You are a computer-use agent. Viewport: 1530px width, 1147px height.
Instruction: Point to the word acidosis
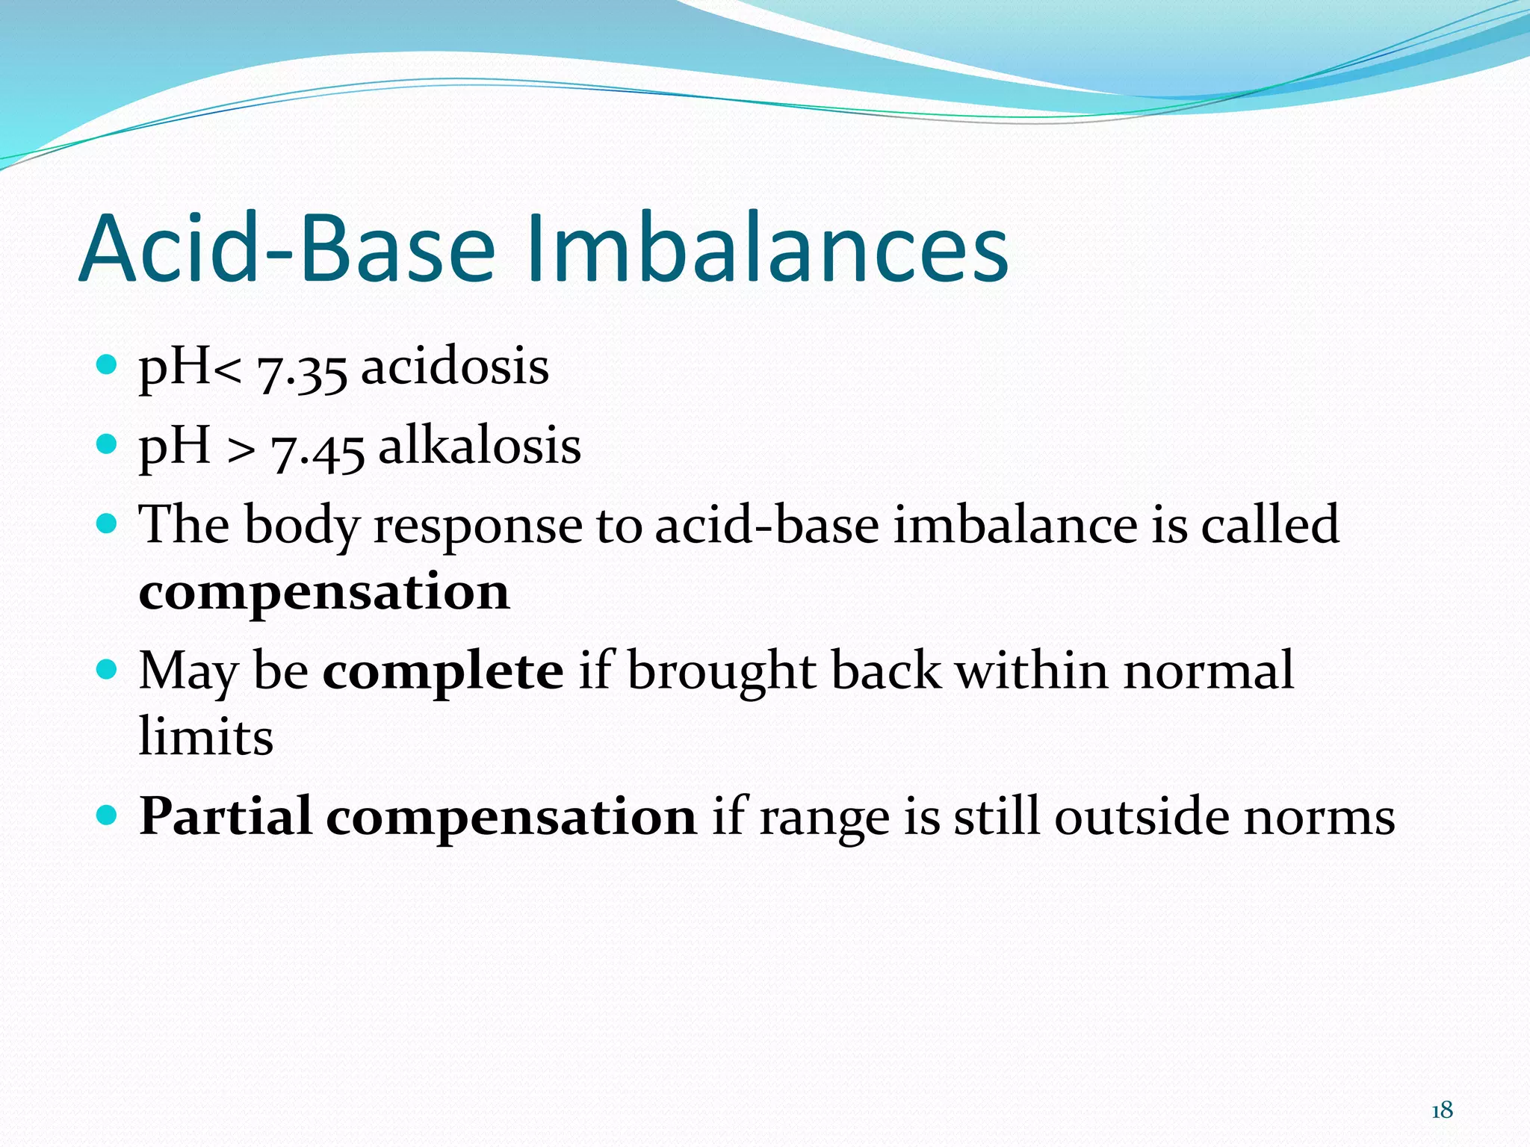pyautogui.click(x=455, y=367)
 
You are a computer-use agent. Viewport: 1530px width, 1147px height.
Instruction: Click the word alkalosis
pyautogui.click(x=480, y=446)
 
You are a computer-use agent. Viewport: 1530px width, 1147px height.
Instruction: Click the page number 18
pyautogui.click(x=1442, y=1110)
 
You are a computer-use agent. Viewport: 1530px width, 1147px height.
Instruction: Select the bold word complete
pyautogui.click(x=443, y=671)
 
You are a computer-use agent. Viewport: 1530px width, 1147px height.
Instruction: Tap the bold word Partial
pyautogui.click(x=225, y=816)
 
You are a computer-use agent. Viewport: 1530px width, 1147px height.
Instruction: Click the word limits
pyautogui.click(x=206, y=737)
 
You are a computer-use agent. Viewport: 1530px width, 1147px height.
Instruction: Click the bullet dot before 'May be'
pyautogui.click(x=108, y=668)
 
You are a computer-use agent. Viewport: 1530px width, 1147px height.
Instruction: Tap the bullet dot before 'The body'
pyautogui.click(x=108, y=523)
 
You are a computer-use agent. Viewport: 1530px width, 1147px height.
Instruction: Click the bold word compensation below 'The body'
pyautogui.click(x=324, y=592)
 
